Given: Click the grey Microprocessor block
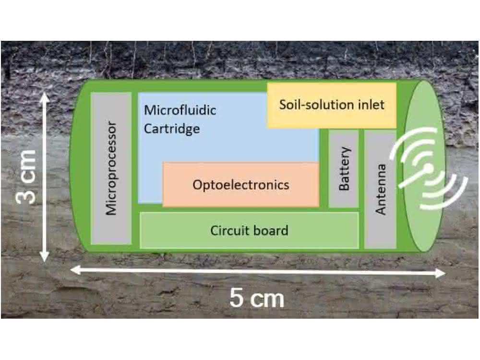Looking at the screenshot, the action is click(x=111, y=168).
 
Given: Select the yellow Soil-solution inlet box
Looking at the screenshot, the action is click(x=332, y=105).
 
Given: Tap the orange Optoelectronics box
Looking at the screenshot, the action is click(x=241, y=185).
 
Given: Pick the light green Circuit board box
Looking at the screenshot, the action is click(x=249, y=230).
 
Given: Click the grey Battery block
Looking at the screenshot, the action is click(x=344, y=168).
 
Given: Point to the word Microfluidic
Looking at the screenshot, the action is click(x=180, y=110).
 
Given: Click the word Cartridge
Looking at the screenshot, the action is click(x=172, y=129).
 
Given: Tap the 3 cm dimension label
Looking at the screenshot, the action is click(x=26, y=177).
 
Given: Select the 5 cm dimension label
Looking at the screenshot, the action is click(x=257, y=298).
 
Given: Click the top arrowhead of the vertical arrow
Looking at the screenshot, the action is click(x=45, y=97).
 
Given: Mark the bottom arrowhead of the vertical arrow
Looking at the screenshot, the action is click(x=45, y=256).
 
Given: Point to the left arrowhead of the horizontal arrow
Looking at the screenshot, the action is click(x=76, y=270).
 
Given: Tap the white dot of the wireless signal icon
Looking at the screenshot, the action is click(x=429, y=168).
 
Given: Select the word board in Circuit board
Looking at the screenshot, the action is click(x=271, y=230).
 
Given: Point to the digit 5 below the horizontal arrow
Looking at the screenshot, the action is click(x=237, y=298).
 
